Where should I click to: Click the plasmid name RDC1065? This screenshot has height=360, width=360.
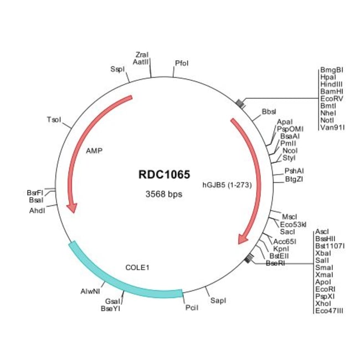(160, 174)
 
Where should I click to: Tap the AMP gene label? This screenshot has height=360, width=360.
(94, 150)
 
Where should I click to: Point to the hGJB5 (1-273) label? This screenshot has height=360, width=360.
(227, 186)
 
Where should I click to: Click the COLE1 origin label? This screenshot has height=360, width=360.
(138, 267)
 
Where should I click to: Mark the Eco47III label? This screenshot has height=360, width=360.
(329, 311)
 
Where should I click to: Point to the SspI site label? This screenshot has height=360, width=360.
(117, 69)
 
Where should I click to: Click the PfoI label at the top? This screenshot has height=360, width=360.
(181, 63)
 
